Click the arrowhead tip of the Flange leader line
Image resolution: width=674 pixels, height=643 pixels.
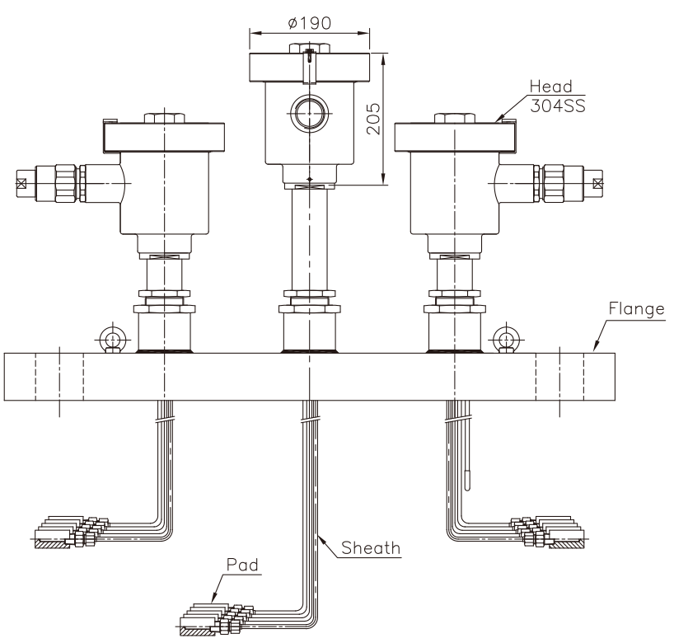point(594,351)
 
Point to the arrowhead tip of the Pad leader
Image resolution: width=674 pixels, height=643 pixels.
point(212,602)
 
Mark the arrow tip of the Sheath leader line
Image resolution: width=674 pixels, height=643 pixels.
point(318,535)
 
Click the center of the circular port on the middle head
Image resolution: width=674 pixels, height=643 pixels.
point(309,113)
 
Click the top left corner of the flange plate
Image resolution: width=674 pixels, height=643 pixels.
point(4,354)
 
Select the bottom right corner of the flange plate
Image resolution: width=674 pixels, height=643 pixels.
point(615,401)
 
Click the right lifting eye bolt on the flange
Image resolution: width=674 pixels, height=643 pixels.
point(506,339)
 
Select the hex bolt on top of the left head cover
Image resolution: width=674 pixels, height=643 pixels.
point(164,118)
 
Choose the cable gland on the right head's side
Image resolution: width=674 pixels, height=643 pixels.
point(569,183)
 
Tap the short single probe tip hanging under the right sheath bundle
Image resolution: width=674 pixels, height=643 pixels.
point(468,481)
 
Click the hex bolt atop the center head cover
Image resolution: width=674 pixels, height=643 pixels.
point(310,48)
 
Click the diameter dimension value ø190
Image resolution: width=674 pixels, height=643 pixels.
point(310,23)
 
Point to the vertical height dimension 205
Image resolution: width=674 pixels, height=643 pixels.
point(373,119)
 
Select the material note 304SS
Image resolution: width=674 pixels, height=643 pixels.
point(558,106)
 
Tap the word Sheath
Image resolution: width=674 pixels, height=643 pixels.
point(371,548)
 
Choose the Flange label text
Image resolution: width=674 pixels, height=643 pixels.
point(637,309)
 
